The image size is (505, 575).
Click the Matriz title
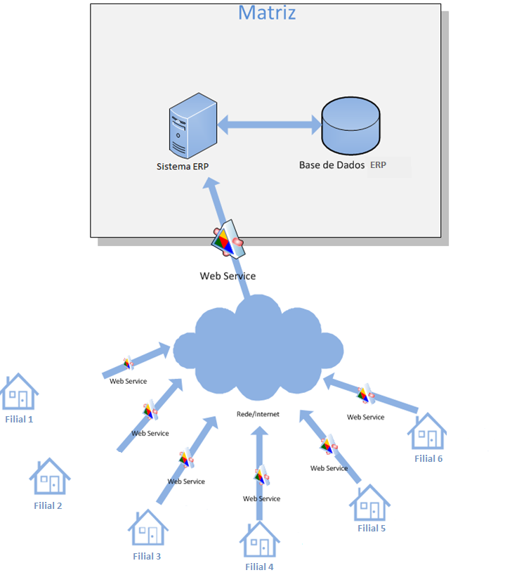[267, 13]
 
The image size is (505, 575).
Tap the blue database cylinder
[350, 127]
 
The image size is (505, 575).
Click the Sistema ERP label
[183, 167]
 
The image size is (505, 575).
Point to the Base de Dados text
[332, 165]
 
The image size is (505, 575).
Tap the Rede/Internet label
[258, 414]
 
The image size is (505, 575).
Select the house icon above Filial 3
[147, 528]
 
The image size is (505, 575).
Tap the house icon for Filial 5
[370, 502]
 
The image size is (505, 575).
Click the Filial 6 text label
[428, 458]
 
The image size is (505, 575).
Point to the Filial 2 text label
[48, 505]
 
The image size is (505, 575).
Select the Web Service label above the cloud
[228, 276]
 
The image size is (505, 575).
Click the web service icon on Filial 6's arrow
[366, 394]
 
